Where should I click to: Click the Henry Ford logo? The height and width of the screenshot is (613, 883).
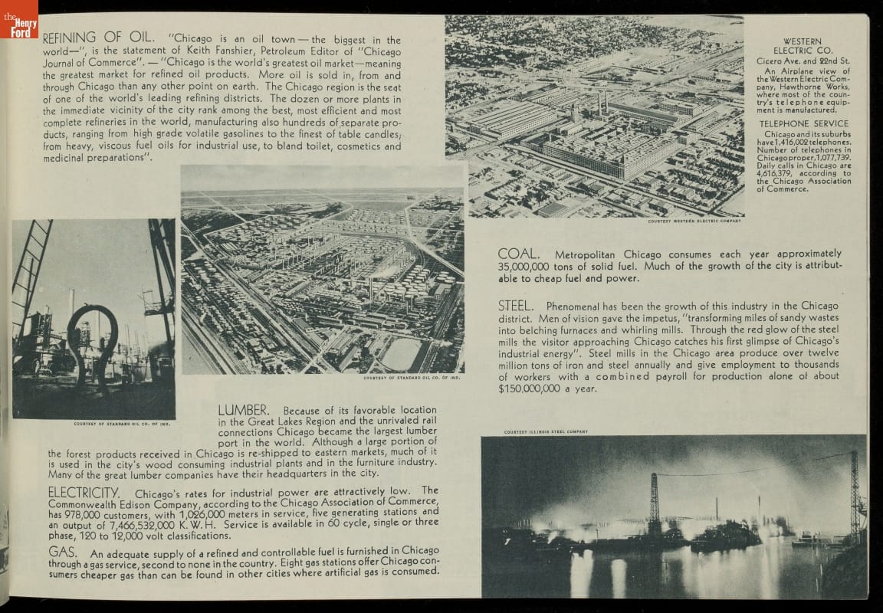click(18, 19)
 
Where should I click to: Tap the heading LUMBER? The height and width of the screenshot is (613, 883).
click(244, 411)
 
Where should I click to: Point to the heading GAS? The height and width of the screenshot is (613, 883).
click(61, 552)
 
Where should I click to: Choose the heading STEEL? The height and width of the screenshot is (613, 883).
click(516, 306)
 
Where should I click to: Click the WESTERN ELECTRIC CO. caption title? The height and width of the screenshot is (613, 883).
click(802, 46)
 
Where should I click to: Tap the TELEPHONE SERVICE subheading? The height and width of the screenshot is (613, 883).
click(803, 123)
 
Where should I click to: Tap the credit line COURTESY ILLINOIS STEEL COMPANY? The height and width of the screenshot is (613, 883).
click(546, 432)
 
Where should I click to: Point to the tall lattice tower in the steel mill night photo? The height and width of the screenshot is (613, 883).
click(655, 502)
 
